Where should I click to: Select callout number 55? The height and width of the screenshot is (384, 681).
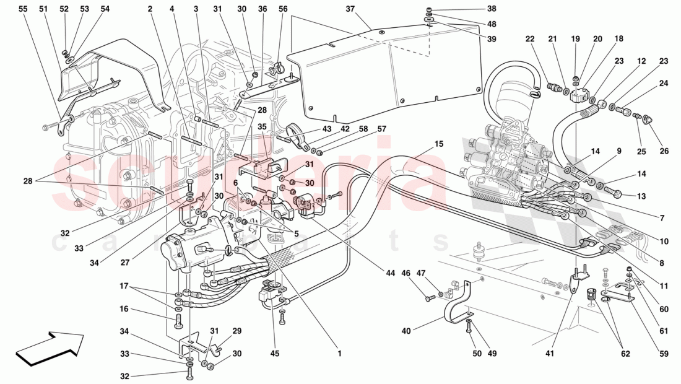tap(23, 9)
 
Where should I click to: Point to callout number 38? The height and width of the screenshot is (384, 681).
tap(492, 9)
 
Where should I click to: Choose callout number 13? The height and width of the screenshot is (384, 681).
tap(640, 196)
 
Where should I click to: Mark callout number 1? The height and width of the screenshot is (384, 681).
tap(340, 354)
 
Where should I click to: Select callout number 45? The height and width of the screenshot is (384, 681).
tap(275, 354)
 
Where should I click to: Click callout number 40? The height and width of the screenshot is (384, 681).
tap(406, 331)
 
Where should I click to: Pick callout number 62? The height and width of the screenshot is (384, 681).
tap(625, 354)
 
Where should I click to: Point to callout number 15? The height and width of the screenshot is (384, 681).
tap(439, 144)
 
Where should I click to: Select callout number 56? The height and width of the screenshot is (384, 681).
tap(283, 9)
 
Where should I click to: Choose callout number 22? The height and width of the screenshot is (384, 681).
tap(529, 39)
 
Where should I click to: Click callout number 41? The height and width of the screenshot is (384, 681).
tap(550, 354)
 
